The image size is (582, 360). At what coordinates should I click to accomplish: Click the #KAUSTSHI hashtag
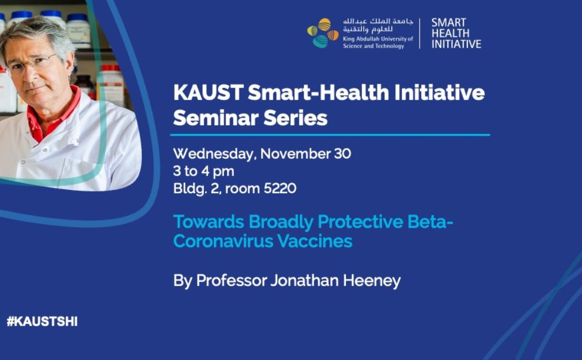(x=42, y=321)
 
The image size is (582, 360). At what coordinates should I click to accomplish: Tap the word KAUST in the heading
(x=208, y=92)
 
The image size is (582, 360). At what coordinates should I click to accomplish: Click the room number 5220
(x=280, y=188)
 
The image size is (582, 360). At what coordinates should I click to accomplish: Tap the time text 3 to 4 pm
(x=203, y=171)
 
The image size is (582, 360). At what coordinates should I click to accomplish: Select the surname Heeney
(x=371, y=281)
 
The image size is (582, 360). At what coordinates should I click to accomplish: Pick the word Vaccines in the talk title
(x=315, y=241)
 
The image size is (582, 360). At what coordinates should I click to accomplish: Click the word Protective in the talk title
(x=360, y=222)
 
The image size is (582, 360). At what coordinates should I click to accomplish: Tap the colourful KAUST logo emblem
(x=323, y=33)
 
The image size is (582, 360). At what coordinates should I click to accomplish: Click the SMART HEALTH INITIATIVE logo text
(x=456, y=33)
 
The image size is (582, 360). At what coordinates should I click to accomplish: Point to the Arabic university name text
(x=377, y=25)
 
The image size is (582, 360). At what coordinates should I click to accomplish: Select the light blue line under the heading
(x=330, y=135)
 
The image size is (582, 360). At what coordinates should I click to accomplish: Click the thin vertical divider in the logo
(x=420, y=33)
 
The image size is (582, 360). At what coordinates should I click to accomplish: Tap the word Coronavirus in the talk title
(x=223, y=241)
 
